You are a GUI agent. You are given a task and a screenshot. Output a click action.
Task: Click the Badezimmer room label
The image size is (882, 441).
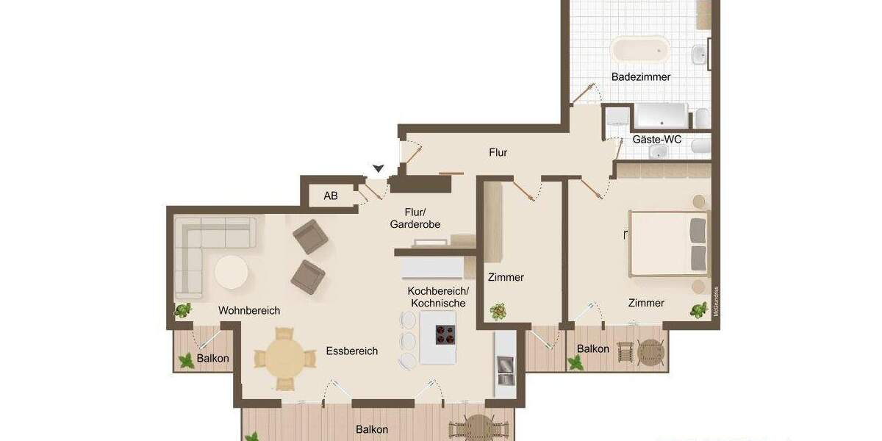pos(641,76)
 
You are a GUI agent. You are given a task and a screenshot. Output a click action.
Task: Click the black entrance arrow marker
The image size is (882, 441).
pos(378,168)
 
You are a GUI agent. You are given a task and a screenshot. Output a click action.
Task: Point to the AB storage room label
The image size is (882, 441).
pos(331,196)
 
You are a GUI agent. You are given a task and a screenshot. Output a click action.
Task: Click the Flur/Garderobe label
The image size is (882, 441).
pos(415,218)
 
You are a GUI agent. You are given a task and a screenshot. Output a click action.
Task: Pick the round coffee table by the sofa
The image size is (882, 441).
pos(232,273)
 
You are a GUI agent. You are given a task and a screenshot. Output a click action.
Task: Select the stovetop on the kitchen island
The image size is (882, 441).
pos(445,334)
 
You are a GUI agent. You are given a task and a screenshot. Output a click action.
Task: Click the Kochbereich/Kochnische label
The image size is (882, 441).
pos(438,297)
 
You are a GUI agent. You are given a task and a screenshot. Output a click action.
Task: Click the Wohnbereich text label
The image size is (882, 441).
pos(249,311)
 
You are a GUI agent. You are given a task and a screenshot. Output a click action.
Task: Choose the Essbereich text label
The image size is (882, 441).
pos(351,351)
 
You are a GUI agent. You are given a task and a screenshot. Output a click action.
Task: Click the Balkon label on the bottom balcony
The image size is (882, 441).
pos(372,429)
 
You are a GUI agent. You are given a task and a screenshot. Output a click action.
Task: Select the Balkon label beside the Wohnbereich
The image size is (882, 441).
pos(213,359)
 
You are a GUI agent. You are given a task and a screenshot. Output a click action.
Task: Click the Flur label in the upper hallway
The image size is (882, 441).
pos(498,153)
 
